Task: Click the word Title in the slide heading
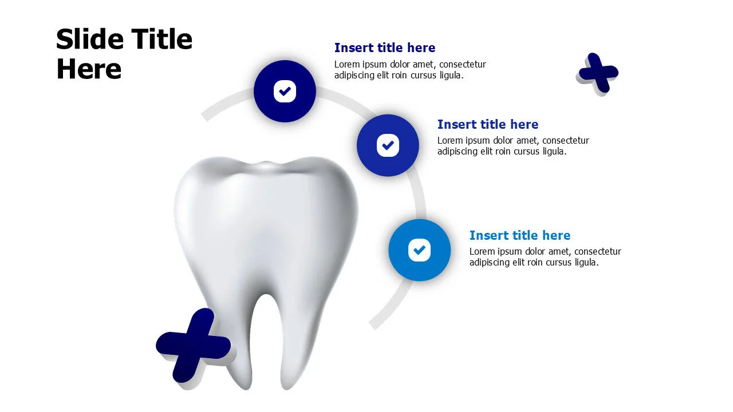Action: [162, 39]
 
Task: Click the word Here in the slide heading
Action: [89, 69]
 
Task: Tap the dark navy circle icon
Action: [285, 91]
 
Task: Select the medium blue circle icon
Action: [388, 145]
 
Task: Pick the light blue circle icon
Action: [420, 250]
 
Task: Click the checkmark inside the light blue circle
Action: [420, 250]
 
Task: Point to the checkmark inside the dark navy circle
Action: [285, 91]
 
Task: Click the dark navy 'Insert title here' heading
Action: [385, 48]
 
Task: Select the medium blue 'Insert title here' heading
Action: [488, 125]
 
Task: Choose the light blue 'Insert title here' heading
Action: [520, 236]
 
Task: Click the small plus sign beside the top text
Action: [598, 73]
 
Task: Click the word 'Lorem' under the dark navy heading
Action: [347, 65]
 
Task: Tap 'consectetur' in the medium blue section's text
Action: [566, 141]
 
